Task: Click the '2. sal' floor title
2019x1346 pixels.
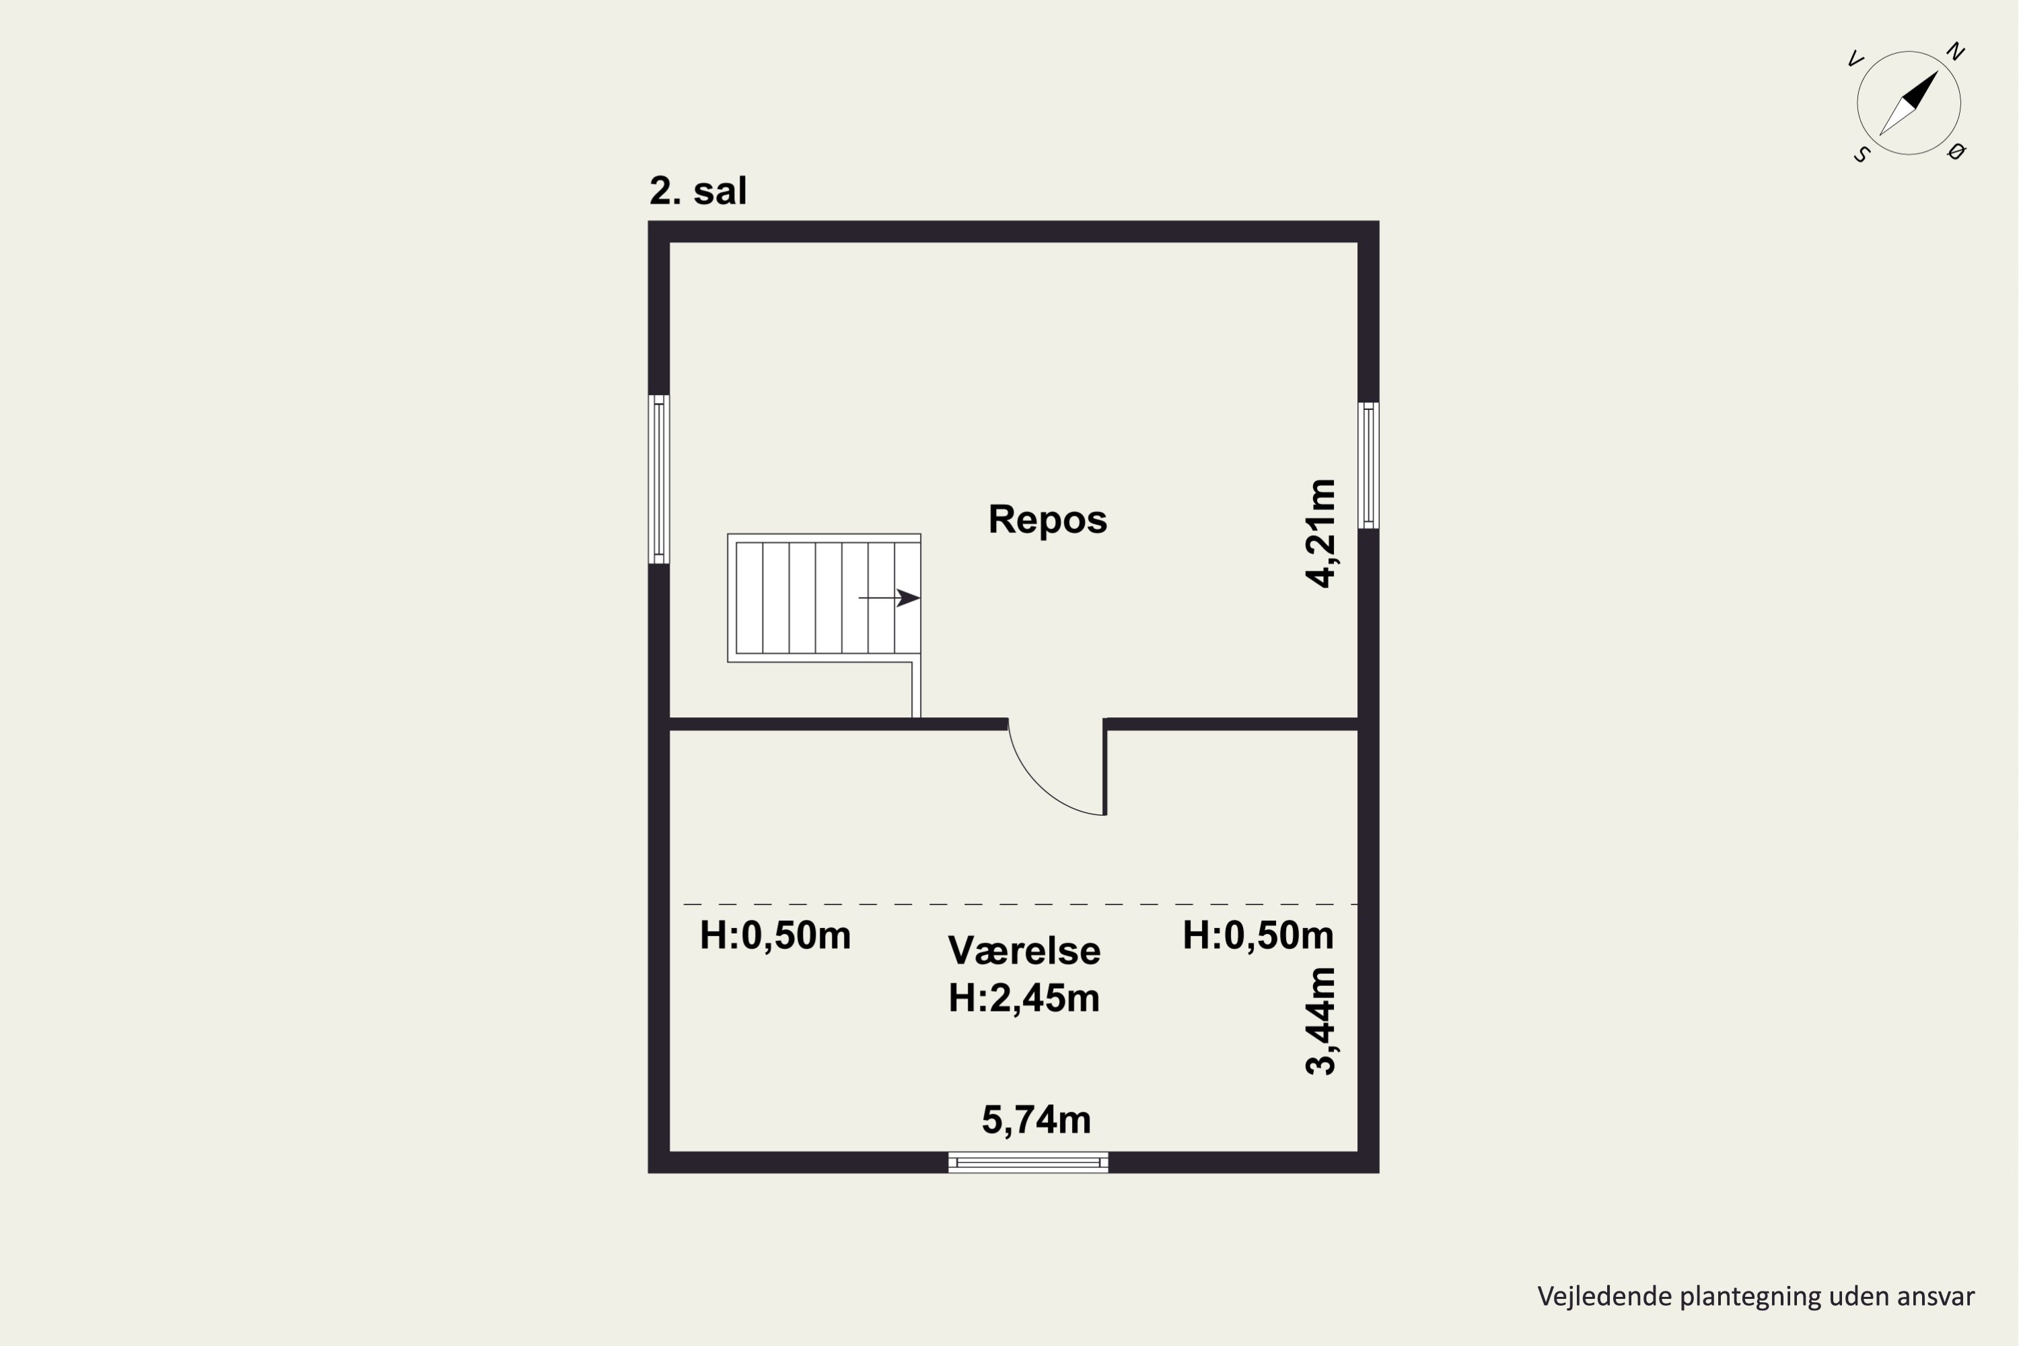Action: [698, 190]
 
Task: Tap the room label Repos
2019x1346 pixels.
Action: [1047, 520]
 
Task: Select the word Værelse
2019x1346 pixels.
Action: [1024, 951]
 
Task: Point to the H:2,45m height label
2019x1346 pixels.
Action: [1024, 998]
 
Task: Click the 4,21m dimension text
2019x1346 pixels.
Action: [1320, 533]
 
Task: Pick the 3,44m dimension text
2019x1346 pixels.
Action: [1320, 1021]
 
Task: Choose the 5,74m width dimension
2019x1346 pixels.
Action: [1036, 1119]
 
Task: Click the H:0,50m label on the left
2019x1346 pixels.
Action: [775, 935]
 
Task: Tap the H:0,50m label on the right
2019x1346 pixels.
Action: [1258, 935]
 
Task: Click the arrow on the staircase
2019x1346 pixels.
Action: [889, 598]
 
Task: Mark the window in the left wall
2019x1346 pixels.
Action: [658, 479]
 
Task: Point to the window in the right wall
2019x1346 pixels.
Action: [1368, 465]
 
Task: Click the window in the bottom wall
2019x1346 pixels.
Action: [1028, 1162]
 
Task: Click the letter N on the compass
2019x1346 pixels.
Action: [1956, 52]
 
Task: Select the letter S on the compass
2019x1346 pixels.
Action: [1861, 155]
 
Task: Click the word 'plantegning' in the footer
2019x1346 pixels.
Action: [1749, 1297]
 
